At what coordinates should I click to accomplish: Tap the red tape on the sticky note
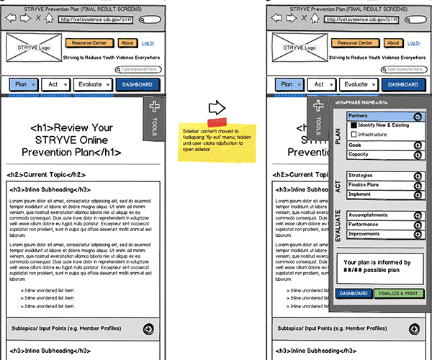click(217, 120)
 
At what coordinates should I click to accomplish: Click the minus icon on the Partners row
click(418, 117)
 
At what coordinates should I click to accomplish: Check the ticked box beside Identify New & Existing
click(354, 125)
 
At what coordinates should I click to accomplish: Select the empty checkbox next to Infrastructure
click(354, 135)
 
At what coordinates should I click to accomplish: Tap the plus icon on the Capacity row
click(418, 155)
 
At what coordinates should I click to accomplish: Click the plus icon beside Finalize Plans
click(418, 186)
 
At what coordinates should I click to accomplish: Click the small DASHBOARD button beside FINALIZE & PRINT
click(354, 294)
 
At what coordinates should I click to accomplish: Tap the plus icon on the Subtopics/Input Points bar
click(149, 329)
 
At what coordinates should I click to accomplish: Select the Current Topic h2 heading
click(47, 175)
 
